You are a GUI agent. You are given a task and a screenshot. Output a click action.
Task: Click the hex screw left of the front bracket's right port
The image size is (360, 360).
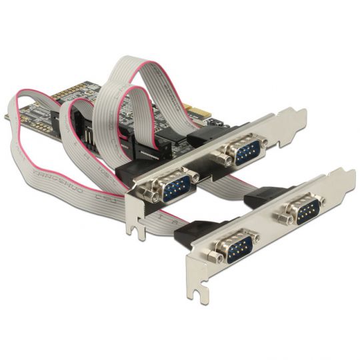[x=283, y=220]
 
